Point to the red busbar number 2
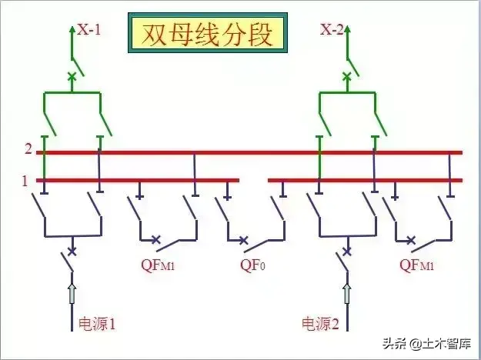click(28, 148)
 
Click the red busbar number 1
click(25, 181)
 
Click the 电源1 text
click(98, 323)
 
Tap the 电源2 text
click(321, 323)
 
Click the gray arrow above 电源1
click(72, 292)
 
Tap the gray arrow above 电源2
click(346, 292)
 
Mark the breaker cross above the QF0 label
click(246, 241)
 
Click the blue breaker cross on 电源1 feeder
click(72, 251)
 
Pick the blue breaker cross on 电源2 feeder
click(346, 251)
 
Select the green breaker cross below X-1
click(72, 76)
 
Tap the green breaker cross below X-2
click(346, 76)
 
